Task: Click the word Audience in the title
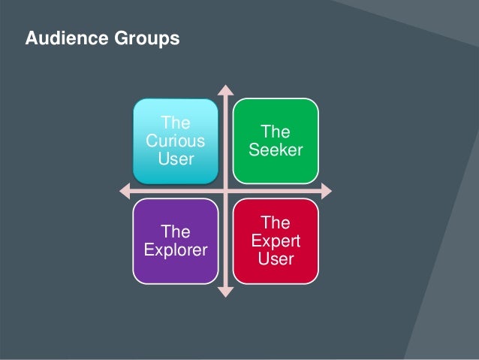[62, 38]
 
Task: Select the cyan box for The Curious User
[176, 141]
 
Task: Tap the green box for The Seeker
[276, 141]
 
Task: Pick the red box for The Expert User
[276, 241]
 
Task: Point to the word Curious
[176, 141]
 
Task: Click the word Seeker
[276, 150]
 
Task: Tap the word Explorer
[176, 250]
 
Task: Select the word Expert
[276, 241]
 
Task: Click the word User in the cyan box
[176, 159]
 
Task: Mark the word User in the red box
[276, 259]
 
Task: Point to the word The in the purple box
[176, 231]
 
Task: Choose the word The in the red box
[276, 222]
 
